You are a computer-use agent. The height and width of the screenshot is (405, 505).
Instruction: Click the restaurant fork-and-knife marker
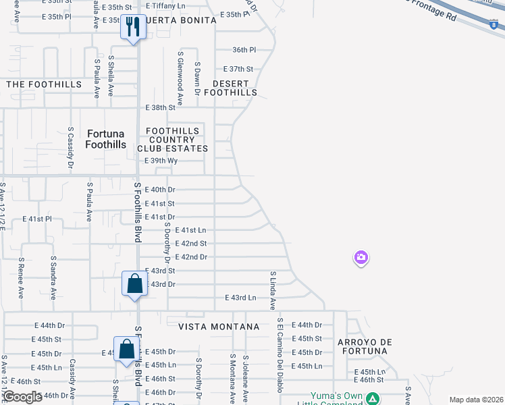(x=133, y=27)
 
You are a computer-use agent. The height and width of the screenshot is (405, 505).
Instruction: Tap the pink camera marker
(x=361, y=257)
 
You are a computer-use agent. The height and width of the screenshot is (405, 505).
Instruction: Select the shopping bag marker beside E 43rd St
(x=134, y=283)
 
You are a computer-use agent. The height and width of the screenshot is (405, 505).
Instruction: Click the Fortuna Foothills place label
(x=106, y=139)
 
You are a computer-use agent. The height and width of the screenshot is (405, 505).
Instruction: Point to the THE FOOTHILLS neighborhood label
(x=44, y=84)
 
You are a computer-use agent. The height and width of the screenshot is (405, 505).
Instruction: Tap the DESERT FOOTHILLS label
(x=231, y=87)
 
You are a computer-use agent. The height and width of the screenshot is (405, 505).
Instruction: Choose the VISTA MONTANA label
(x=219, y=327)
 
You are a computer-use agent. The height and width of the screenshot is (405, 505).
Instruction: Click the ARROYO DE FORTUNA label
(x=365, y=347)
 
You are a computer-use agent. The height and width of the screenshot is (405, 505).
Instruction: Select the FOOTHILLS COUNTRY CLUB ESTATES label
(x=173, y=140)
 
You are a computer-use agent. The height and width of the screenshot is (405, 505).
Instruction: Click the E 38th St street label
(x=161, y=108)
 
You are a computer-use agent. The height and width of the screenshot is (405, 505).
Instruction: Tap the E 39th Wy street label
(x=161, y=161)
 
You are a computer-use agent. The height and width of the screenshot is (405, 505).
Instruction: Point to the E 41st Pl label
(x=37, y=219)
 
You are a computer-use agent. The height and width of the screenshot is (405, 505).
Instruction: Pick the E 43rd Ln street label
(x=241, y=298)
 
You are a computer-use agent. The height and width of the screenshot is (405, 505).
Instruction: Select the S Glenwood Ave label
(x=180, y=78)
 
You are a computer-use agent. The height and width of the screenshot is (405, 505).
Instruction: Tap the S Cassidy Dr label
(x=71, y=147)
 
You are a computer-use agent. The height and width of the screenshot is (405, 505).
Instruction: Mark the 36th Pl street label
(x=244, y=50)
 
